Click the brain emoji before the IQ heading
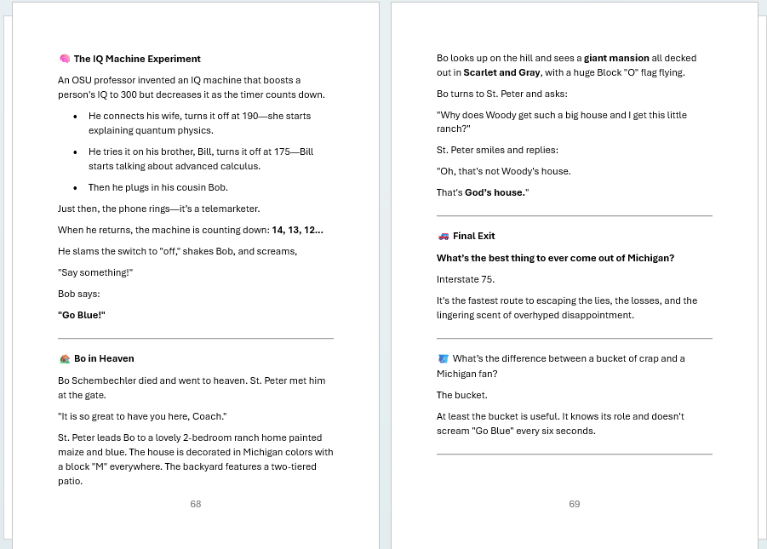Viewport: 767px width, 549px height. coord(64,59)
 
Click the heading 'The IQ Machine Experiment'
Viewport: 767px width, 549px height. coord(137,59)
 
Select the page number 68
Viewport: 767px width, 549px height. coord(196,504)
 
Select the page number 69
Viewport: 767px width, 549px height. coord(575,504)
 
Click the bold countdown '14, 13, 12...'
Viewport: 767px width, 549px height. coord(297,230)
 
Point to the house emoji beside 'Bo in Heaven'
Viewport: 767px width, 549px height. coord(64,359)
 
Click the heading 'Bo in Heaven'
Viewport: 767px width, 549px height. coord(104,359)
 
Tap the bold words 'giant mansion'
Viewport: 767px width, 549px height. coord(616,59)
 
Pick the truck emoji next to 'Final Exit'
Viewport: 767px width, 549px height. coord(443,237)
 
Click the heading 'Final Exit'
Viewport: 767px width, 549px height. coord(473,237)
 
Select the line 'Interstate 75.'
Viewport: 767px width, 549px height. coord(466,279)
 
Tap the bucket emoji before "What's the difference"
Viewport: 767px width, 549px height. coord(443,359)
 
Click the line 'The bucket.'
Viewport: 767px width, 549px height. coord(462,395)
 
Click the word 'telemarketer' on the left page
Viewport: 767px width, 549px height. coord(230,209)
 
